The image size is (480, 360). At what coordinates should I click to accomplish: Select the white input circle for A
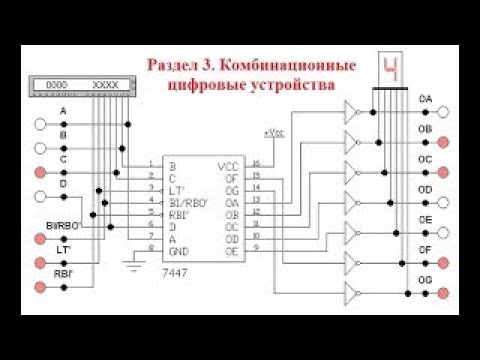[40, 124]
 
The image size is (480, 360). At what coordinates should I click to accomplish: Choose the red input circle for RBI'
[40, 287]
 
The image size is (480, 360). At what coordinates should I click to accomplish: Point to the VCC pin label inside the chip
[227, 164]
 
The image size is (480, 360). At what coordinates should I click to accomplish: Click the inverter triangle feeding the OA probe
[352, 112]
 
